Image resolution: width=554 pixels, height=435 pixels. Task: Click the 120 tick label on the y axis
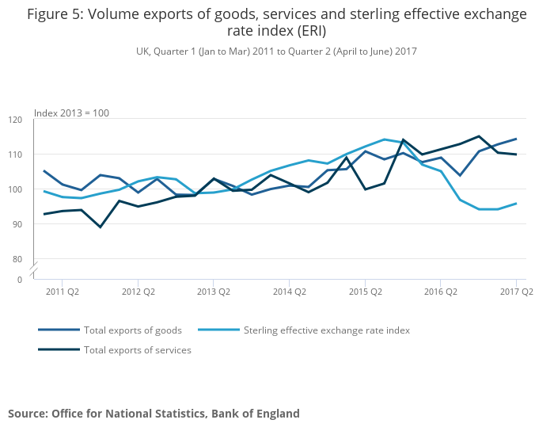coord(16,120)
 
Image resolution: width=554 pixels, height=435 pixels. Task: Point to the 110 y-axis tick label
coord(16,155)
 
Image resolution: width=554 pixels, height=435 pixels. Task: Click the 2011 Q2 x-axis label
coord(62,292)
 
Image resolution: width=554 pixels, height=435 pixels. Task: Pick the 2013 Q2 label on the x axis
coord(213,292)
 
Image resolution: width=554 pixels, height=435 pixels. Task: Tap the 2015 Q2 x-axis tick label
coord(364,292)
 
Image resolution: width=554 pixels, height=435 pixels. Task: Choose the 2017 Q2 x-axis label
coord(516,292)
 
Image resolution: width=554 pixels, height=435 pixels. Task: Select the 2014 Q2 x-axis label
coord(288,292)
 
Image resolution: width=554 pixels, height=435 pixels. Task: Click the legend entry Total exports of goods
coord(132,330)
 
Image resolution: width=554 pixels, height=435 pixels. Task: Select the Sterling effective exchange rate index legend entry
coord(326,330)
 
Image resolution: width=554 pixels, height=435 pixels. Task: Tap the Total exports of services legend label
coord(137,349)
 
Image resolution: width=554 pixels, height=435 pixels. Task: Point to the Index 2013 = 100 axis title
coord(71,113)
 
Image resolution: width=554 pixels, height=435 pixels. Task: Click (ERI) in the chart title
coord(309,32)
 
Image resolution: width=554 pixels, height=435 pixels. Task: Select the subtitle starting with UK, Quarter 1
coord(276,52)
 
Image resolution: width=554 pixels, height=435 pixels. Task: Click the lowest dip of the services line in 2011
coord(100,227)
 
